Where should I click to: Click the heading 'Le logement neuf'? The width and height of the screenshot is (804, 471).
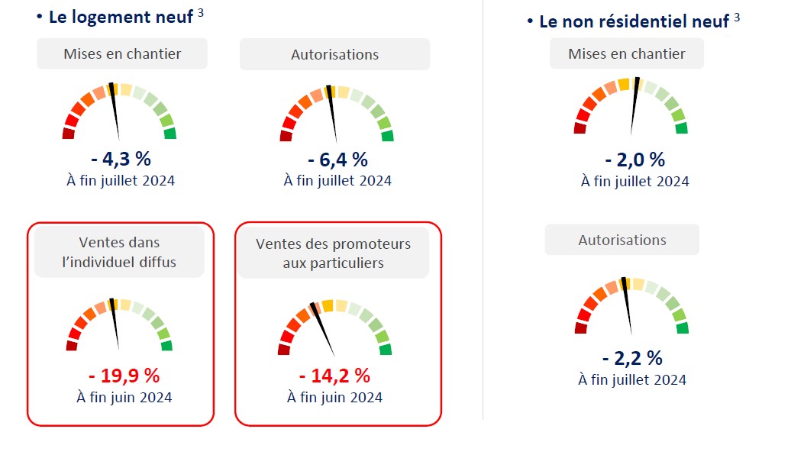click(121, 17)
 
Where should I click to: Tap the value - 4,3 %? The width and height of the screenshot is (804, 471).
click(121, 160)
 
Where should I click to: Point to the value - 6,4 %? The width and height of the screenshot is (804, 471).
click(337, 160)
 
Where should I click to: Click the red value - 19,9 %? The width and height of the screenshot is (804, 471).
click(124, 376)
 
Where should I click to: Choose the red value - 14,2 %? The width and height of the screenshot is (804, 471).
click(334, 376)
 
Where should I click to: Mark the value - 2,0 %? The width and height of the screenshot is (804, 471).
click(634, 160)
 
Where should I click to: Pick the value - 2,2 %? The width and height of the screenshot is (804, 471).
click(631, 357)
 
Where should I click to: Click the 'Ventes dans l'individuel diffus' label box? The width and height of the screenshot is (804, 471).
click(120, 253)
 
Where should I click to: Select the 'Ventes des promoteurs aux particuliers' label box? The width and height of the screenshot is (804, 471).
click(334, 253)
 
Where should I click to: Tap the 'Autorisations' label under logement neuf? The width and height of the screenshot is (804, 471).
click(334, 54)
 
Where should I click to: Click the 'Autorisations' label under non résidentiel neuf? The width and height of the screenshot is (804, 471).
click(622, 240)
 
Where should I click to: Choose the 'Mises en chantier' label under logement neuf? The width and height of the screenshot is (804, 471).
click(122, 53)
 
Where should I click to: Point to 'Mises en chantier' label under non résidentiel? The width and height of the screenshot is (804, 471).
click(627, 53)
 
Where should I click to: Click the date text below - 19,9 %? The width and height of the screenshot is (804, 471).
click(124, 397)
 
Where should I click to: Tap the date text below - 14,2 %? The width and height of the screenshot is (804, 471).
click(334, 397)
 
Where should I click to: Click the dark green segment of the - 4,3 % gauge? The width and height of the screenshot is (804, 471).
click(170, 134)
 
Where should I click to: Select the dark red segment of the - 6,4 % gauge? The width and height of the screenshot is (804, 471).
click(286, 136)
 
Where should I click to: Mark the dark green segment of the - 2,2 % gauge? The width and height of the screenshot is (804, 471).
click(682, 328)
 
